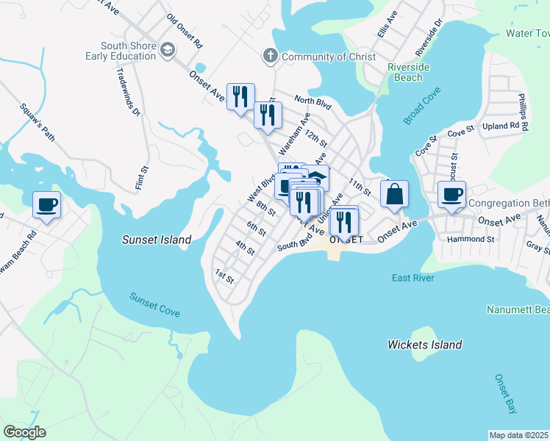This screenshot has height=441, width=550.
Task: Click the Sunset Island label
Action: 157,240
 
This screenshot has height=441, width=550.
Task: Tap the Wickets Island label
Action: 425,345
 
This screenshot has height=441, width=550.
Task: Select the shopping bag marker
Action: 394,195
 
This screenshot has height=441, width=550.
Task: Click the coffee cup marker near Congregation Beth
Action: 452,195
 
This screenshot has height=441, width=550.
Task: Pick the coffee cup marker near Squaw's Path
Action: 47,204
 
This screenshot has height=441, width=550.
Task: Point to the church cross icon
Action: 271,56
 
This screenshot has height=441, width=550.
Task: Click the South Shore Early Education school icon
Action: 168,50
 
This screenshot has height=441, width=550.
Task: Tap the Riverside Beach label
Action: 405,72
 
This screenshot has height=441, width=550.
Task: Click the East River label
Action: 413,278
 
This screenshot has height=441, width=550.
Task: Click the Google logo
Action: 24,432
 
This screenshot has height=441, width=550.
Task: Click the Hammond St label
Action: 471,239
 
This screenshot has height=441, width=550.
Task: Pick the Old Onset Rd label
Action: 185,29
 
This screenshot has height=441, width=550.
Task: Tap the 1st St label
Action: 224,277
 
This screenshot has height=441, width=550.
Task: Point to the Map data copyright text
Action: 519,435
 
